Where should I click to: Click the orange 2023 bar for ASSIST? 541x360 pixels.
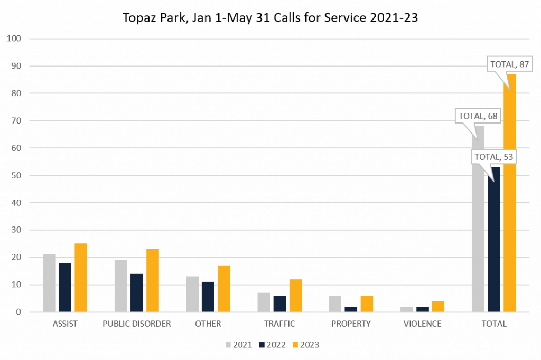pos(81,278)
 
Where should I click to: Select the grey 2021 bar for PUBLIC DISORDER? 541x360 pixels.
pos(121,286)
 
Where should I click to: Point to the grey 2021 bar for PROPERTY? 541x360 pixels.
pos(335,304)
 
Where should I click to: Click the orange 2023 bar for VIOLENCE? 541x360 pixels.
pos(438,306)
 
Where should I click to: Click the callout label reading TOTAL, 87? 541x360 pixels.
pos(509,64)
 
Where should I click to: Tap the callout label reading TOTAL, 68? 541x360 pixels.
pos(478,116)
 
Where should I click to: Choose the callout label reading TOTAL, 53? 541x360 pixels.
pos(493,157)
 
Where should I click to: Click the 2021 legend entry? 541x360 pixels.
pos(239,345)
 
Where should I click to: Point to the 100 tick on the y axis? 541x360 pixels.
pos(14,39)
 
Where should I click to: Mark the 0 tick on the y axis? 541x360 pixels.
pos(18,312)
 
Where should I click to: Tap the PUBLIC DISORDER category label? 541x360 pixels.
pos(137,324)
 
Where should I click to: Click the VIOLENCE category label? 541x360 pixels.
pos(422,324)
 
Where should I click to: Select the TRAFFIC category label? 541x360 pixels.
pos(279,324)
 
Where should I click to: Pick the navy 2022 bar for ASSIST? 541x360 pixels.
pos(65,287)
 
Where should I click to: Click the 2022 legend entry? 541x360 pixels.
pos(273,345)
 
